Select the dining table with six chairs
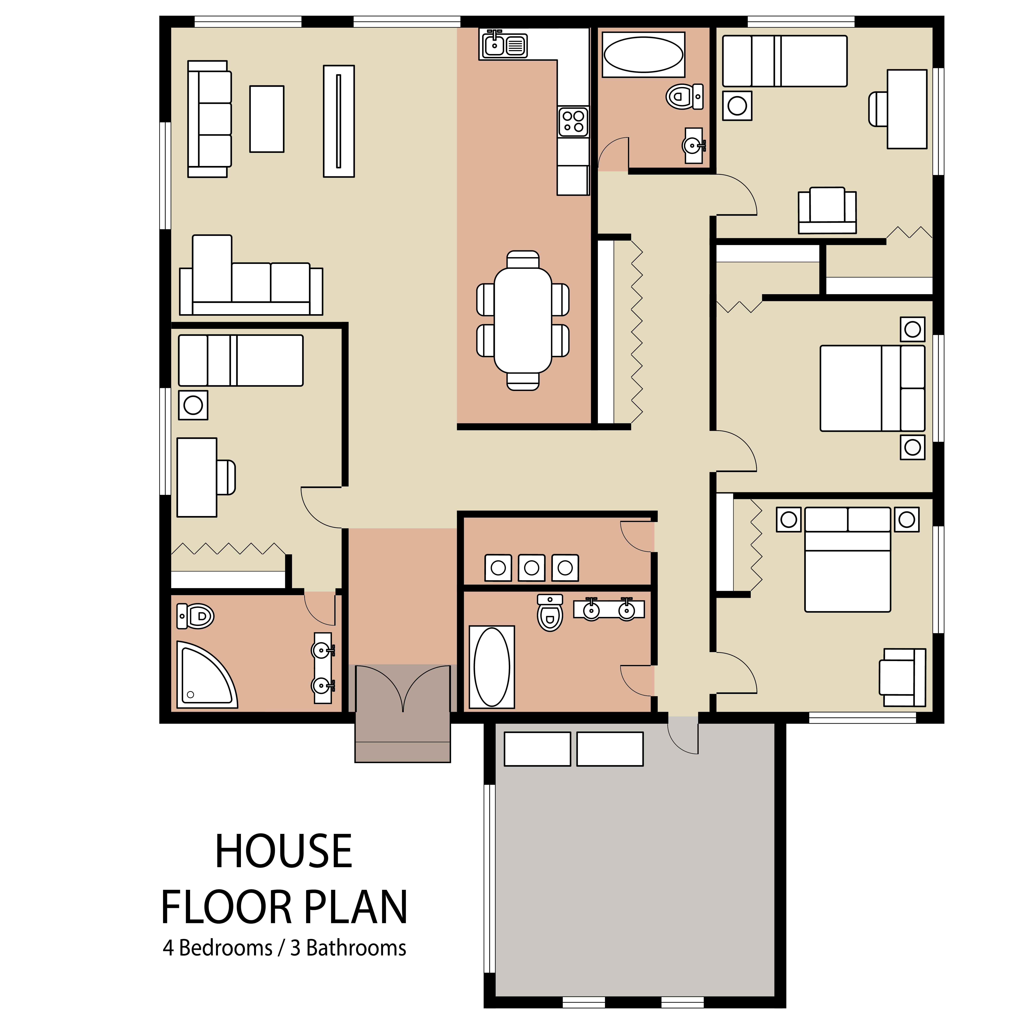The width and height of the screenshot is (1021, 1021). coord(523,320)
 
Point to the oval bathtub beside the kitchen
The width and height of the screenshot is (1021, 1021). coord(643,54)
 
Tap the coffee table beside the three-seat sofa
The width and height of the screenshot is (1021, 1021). coord(267,119)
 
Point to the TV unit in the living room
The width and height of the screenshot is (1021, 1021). coord(339,121)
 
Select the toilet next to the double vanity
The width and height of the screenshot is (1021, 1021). coord(550,613)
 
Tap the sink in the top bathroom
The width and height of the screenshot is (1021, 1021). coord(693,145)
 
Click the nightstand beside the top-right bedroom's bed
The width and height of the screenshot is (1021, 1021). coord(737,106)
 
